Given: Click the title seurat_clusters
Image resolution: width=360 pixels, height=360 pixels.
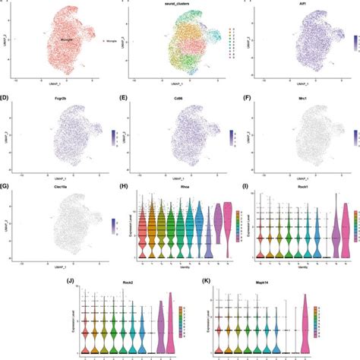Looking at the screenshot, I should tap(179, 4).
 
